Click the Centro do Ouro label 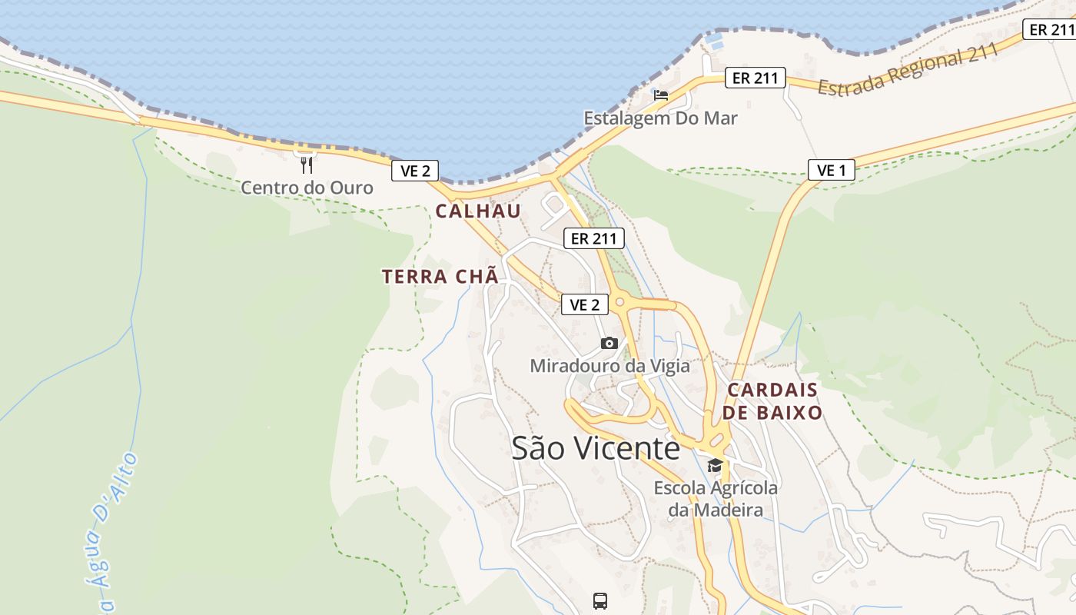pyautogui.click(x=307, y=188)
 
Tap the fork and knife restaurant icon pyautogui.click(x=306, y=165)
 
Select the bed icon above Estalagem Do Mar pyautogui.click(x=660, y=95)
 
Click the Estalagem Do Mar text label pyautogui.click(x=660, y=118)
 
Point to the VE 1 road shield pyautogui.click(x=832, y=170)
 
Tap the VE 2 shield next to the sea pyautogui.click(x=415, y=171)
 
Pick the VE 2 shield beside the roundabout pyautogui.click(x=584, y=304)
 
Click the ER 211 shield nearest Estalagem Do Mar pyautogui.click(x=756, y=78)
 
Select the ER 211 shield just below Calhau pyautogui.click(x=594, y=238)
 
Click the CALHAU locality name pyautogui.click(x=478, y=211)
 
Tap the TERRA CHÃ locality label pyautogui.click(x=440, y=277)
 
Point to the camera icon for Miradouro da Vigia pyautogui.click(x=609, y=343)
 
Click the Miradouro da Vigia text pyautogui.click(x=609, y=366)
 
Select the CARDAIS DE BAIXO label pyautogui.click(x=772, y=401)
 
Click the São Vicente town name pyautogui.click(x=596, y=448)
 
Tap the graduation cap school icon pyautogui.click(x=715, y=465)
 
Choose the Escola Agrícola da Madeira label pyautogui.click(x=716, y=499)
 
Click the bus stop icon pyautogui.click(x=600, y=600)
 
